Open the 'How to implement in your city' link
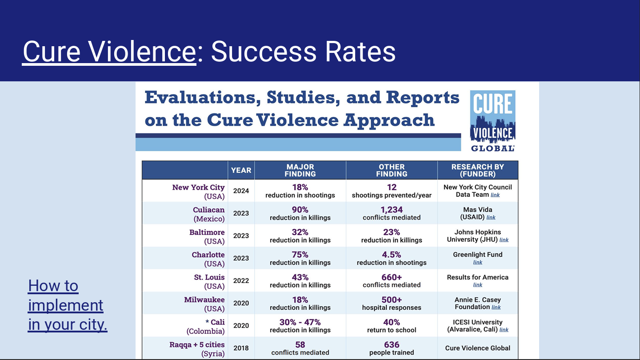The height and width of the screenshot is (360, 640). pos(68,305)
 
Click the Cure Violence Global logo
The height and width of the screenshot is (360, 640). pos(492,121)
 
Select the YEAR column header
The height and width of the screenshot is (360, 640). pos(241,170)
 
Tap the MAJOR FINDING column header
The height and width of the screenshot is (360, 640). pos(300,170)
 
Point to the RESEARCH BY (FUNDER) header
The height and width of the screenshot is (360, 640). pos(477,170)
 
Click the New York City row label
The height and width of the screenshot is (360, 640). pos(198,191)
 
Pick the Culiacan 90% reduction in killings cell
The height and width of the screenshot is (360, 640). pos(300,213)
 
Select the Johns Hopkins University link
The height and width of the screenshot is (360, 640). pos(504,240)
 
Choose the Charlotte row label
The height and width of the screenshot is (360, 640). pos(208,259)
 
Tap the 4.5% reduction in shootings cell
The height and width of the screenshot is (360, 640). pos(392,258)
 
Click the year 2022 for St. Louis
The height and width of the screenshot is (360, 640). pos(241,281)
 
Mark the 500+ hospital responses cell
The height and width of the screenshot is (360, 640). pos(392,303)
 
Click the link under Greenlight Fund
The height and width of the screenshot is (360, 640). pos(478,263)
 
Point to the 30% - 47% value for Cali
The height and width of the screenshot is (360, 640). pos(300,322)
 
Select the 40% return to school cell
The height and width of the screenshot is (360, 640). pos(392,326)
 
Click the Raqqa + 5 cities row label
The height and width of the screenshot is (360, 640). pos(197,348)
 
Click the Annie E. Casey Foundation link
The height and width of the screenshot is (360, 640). pos(496,308)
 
